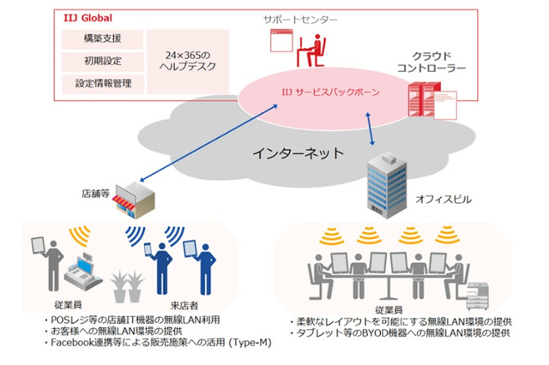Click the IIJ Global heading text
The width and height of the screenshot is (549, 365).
(x=90, y=17)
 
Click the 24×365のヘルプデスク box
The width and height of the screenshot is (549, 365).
(x=187, y=62)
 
